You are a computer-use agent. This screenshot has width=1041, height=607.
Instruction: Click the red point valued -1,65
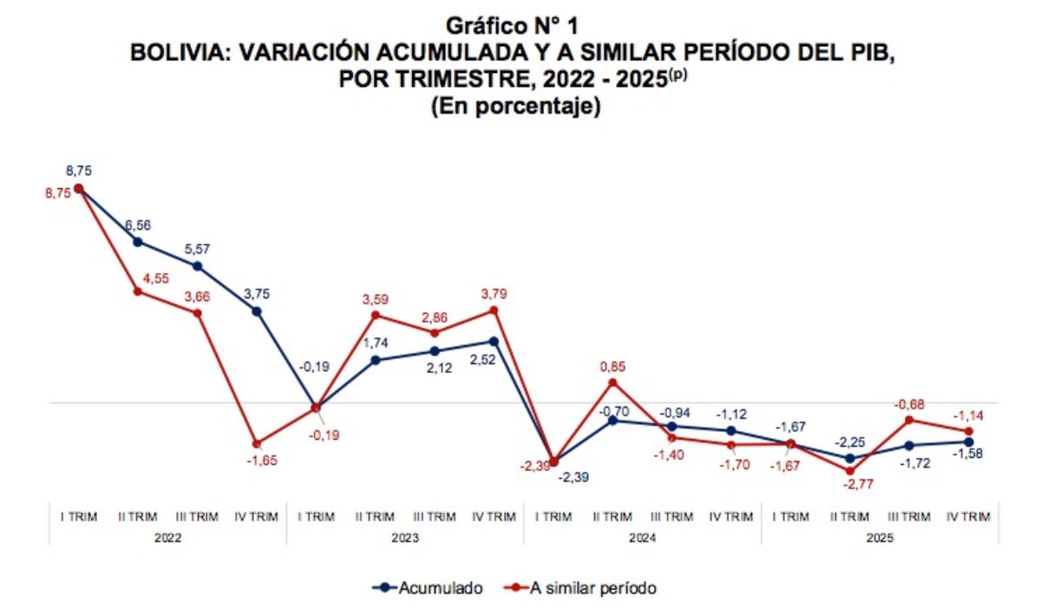(257, 444)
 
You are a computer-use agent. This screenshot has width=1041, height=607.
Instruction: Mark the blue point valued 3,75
(257, 310)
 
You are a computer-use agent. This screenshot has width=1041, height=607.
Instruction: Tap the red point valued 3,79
(494, 310)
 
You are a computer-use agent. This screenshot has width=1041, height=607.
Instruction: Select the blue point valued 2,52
(494, 341)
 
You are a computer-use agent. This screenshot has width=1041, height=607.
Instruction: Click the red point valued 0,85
(612, 382)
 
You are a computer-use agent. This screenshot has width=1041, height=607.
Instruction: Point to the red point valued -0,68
(909, 420)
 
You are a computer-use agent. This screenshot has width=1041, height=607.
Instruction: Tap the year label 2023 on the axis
(405, 538)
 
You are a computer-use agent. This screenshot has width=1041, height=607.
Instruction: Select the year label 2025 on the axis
(880, 538)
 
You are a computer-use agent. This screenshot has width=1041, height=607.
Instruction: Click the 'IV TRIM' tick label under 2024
(731, 517)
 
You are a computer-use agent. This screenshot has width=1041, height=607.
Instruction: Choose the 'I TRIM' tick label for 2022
(79, 517)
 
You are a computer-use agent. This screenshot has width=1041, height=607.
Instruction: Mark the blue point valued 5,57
(197, 266)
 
